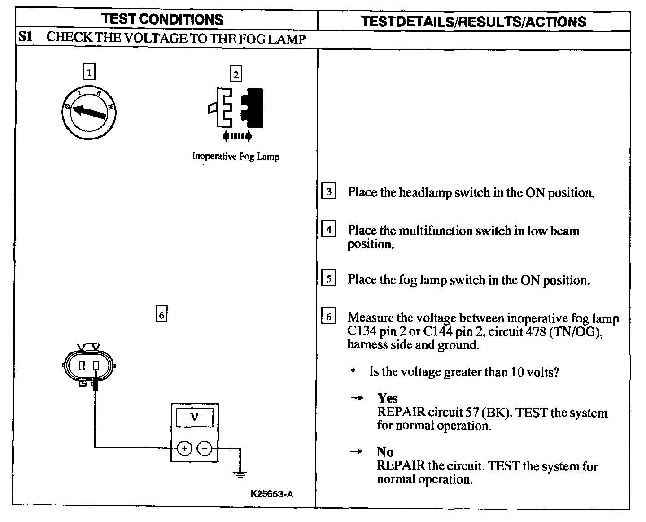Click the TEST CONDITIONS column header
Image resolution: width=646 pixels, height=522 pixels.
(x=162, y=20)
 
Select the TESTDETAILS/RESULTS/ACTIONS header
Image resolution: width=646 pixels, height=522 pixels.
(x=474, y=22)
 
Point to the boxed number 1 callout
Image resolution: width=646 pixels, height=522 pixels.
(x=90, y=72)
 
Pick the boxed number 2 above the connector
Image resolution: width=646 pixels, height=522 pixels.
(x=236, y=74)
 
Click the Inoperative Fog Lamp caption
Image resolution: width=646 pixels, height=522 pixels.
(x=236, y=157)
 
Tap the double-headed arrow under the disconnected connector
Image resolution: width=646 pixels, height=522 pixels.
(x=237, y=136)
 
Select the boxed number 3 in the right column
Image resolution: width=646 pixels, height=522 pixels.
(x=329, y=191)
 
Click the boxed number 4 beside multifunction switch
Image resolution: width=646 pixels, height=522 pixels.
(x=329, y=230)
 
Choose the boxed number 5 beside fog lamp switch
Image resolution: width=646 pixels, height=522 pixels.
(x=329, y=279)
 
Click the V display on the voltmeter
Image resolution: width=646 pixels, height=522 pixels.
(x=194, y=417)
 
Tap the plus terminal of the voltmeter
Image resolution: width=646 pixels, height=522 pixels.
(x=184, y=448)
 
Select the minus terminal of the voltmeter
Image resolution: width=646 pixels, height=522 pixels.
(x=205, y=448)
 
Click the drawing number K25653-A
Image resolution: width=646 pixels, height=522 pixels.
(x=272, y=494)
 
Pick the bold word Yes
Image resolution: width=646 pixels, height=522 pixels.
(x=387, y=398)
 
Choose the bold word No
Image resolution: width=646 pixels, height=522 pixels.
(x=385, y=452)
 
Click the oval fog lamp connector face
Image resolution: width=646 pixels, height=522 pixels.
(x=89, y=365)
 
